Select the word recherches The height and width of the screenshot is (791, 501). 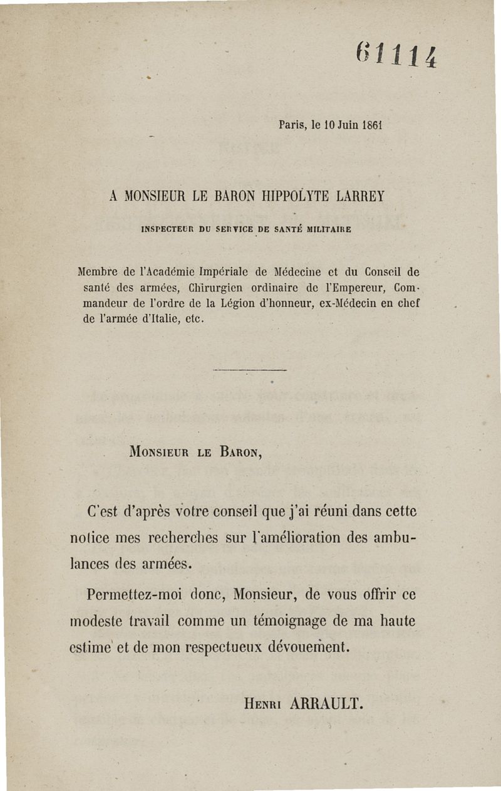[183, 538]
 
